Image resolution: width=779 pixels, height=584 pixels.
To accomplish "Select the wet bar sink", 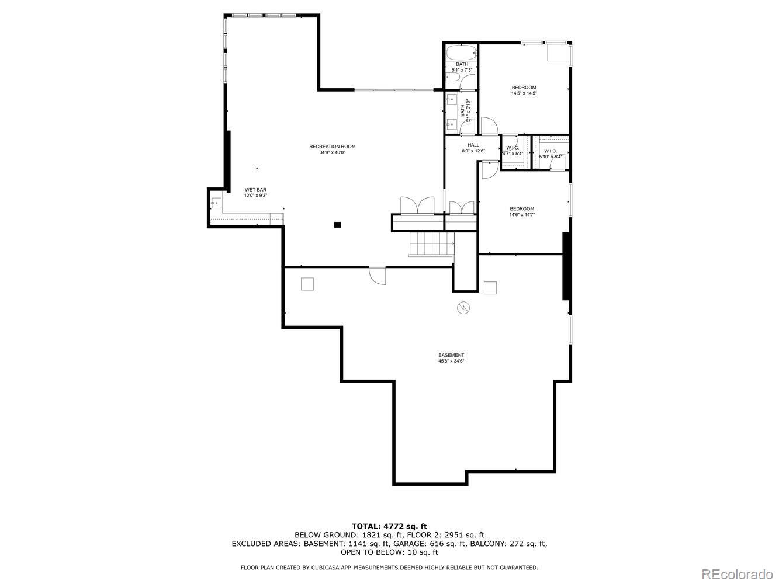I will [215, 203].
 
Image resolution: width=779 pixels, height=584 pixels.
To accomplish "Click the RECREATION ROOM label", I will [332, 147].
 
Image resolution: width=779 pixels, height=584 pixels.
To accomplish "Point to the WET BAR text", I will [255, 190].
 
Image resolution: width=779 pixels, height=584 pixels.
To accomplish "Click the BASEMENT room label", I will [451, 355].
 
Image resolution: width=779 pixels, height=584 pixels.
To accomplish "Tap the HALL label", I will [473, 145].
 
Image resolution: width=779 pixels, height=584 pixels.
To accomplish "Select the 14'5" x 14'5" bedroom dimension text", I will [524, 93].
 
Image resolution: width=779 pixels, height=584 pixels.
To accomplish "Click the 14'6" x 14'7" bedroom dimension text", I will [522, 214].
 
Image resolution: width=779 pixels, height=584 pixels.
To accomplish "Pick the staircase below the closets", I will [431, 244].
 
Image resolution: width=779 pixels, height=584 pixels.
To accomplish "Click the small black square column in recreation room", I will [337, 224].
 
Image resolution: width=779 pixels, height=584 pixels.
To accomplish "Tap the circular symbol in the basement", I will [463, 307].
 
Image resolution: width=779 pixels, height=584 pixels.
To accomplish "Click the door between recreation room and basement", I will [378, 275].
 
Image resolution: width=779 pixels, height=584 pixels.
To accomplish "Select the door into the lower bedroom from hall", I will [489, 168].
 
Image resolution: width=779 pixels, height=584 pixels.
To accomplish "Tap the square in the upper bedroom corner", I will [557, 53].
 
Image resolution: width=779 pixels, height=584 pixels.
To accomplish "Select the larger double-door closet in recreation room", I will [417, 206].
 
